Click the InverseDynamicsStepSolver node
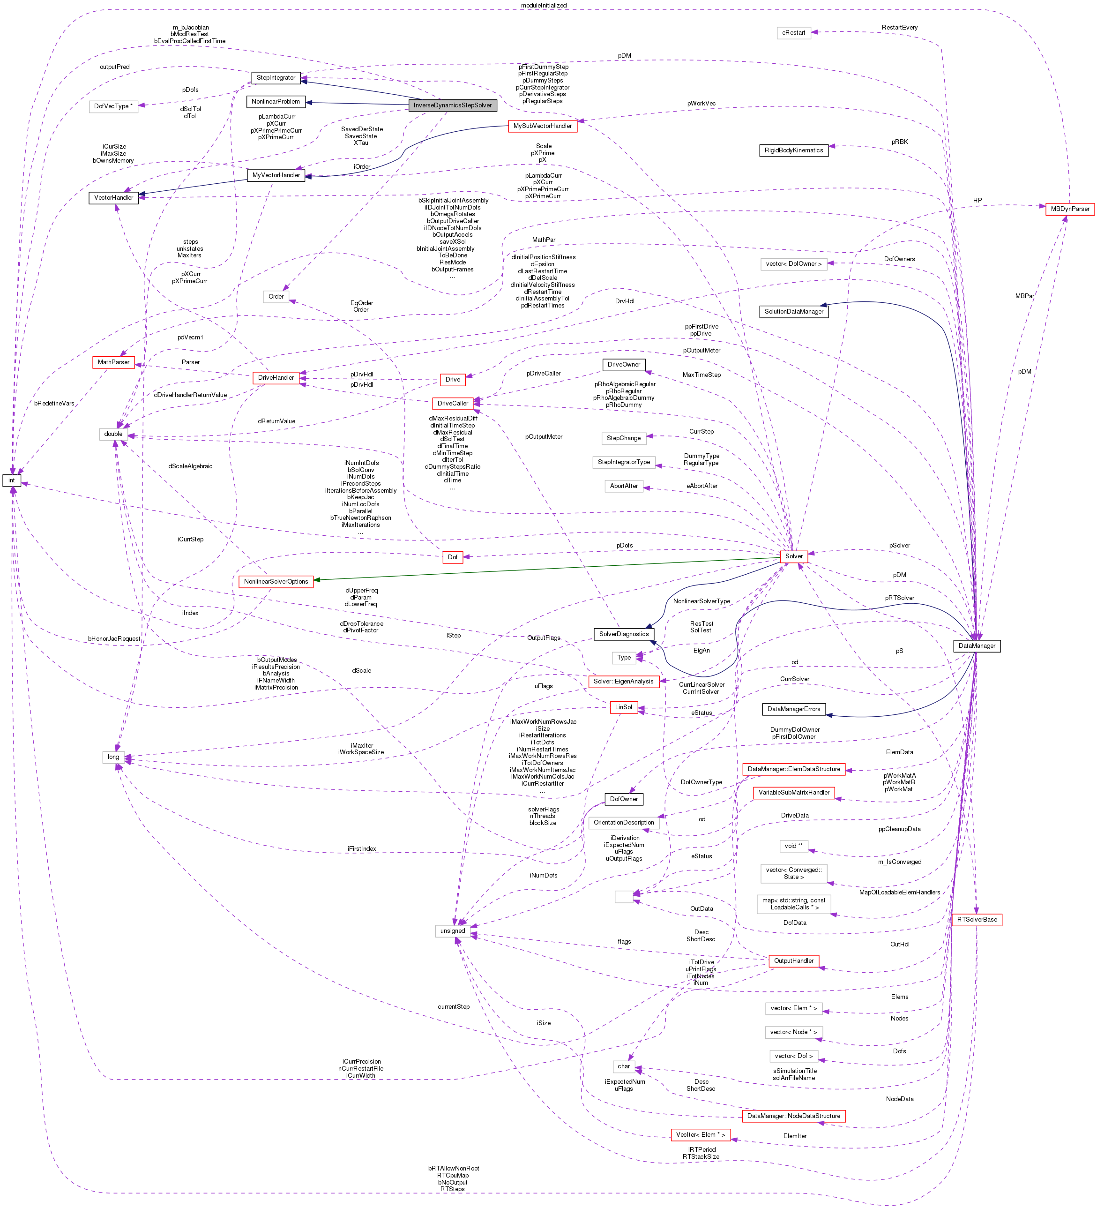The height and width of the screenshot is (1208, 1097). pos(452,105)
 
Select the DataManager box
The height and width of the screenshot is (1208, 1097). pos(976,646)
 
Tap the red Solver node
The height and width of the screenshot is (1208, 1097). pos(793,556)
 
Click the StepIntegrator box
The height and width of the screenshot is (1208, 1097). pos(276,78)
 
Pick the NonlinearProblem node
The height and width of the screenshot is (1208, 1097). pos(276,102)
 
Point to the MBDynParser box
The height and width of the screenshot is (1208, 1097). pos(1069,209)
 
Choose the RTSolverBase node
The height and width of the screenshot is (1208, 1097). pos(977,919)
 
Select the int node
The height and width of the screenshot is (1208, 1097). pos(11,480)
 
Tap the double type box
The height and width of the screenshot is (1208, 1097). pos(113,434)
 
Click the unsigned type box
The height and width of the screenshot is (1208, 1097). pos(452,930)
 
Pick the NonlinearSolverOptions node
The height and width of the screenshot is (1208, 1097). pos(276,581)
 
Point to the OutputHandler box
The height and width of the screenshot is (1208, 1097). pos(793,960)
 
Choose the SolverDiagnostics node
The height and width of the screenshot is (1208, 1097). pos(624,634)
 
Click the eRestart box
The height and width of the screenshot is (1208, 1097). pos(793,32)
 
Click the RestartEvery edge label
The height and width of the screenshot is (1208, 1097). pos(899,28)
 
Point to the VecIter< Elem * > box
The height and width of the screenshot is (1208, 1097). pos(700,1134)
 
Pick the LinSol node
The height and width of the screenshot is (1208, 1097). pos(623,707)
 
